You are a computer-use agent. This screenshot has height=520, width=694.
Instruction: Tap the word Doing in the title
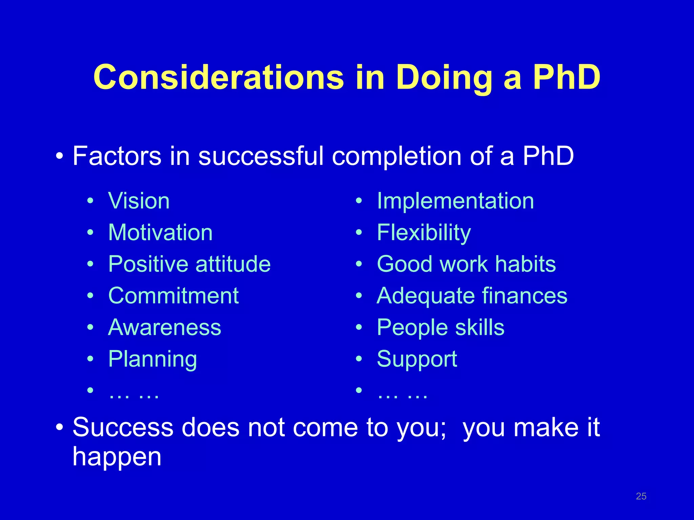pyautogui.click(x=444, y=78)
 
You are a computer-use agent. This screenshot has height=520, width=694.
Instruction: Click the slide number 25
pyautogui.click(x=641, y=496)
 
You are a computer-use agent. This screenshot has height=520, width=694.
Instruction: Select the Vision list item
pyautogui.click(x=139, y=201)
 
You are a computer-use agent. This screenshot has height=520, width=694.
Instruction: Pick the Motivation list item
pyautogui.click(x=160, y=233)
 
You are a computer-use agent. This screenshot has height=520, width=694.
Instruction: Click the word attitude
pyautogui.click(x=233, y=264)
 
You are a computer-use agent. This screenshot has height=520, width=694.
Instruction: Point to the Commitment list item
pyautogui.click(x=173, y=296)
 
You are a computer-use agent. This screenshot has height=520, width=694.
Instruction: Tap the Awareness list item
pyautogui.click(x=164, y=327)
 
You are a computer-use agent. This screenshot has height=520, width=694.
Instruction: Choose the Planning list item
pyautogui.click(x=152, y=359)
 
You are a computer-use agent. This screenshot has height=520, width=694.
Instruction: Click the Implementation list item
pyautogui.click(x=455, y=201)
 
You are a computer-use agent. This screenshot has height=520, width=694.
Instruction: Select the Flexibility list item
pyautogui.click(x=424, y=233)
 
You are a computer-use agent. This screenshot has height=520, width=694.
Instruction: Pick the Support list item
pyautogui.click(x=417, y=359)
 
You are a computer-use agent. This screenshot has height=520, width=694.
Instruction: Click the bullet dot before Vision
pyautogui.click(x=90, y=201)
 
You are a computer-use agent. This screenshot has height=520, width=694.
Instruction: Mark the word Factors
pyautogui.click(x=117, y=156)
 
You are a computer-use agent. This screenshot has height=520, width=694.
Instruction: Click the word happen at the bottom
pyautogui.click(x=117, y=457)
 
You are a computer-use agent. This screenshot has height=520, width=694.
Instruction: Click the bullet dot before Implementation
pyautogui.click(x=359, y=201)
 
